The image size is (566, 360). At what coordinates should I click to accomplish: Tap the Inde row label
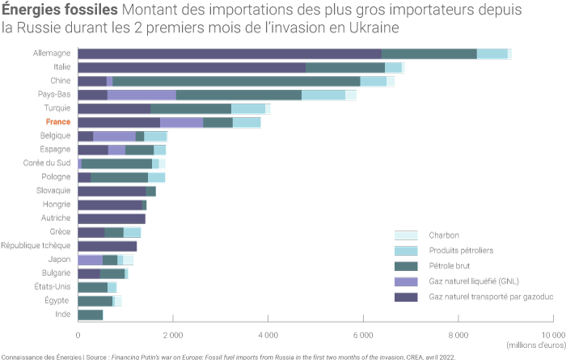pos(62,314)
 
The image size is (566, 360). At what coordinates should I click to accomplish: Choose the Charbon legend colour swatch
pos(405,235)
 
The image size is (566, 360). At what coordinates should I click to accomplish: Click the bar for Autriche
pos(112,218)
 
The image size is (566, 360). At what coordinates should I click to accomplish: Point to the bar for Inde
pos(91,314)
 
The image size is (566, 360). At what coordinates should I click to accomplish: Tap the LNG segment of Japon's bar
pos(91,260)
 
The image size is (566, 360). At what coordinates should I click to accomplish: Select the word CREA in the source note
pos(422,356)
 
